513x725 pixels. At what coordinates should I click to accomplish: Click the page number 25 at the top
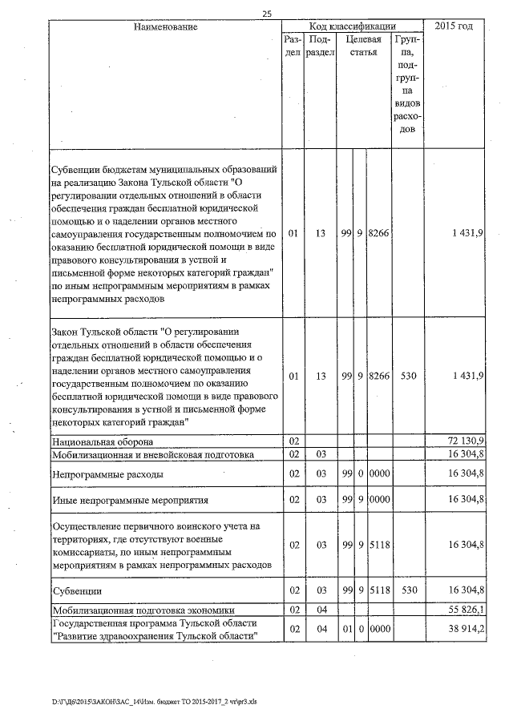coord(265,12)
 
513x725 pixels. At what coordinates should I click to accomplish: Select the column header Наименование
coord(164,26)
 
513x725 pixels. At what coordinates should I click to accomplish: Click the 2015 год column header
coord(454,26)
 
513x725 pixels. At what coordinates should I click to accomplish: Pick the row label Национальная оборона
coord(103,441)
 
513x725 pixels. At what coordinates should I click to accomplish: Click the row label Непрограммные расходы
coord(107,474)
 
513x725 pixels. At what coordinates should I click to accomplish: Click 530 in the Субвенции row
coord(407,590)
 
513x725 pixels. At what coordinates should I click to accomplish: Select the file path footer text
coord(155,702)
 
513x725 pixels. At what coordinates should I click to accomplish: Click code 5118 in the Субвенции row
coord(380,590)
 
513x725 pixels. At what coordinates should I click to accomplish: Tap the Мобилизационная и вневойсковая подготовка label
coord(152,454)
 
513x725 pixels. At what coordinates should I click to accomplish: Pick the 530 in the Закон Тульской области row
coord(407,375)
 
